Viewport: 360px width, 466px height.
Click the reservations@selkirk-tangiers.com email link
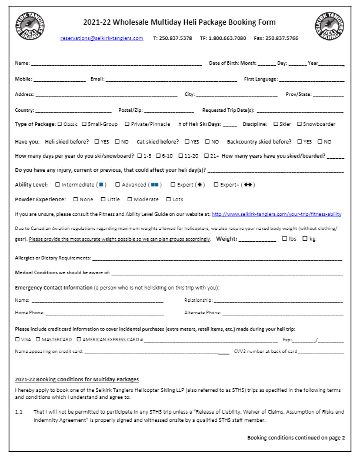102,38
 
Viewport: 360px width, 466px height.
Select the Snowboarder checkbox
299,124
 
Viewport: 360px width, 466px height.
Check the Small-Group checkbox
84,124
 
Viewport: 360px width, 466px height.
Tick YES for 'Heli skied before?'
97,142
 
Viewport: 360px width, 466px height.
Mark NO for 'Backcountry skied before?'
320,142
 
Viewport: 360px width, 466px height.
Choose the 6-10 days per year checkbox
158,156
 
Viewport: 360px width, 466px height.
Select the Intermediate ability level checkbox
58,185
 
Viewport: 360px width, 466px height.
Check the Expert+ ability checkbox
215,185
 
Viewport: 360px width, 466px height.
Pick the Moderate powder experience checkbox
130,199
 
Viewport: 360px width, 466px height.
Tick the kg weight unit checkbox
305,238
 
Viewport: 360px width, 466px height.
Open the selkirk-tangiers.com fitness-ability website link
276,214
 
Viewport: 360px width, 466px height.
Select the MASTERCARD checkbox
38,339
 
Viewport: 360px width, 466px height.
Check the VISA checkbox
17,339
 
